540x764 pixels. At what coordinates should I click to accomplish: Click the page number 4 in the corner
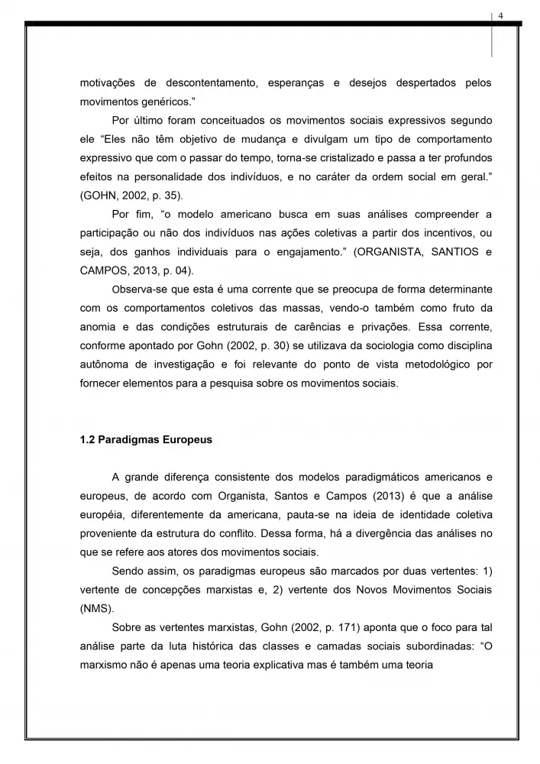pyautogui.click(x=500, y=16)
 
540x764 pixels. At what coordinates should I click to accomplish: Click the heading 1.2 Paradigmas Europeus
pyautogui.click(x=147, y=440)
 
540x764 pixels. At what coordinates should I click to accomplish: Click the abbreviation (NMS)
pyautogui.click(x=96, y=610)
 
